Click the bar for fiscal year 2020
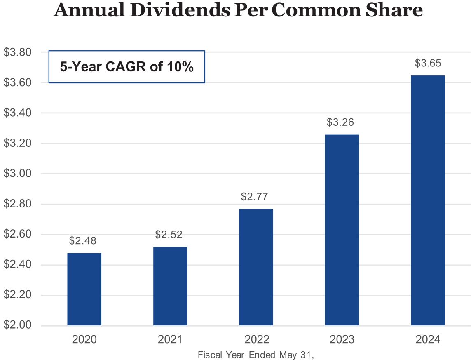pyautogui.click(x=84, y=289)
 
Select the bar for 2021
pyautogui.click(x=170, y=286)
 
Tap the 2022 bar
pyautogui.click(x=256, y=267)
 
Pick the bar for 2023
pyautogui.click(x=342, y=230)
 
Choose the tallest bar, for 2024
pyautogui.click(x=428, y=200)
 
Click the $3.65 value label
pyautogui.click(x=428, y=64)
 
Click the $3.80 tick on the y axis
pyautogui.click(x=18, y=52)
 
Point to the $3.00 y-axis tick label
pyautogui.click(x=18, y=174)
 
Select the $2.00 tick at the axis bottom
pyautogui.click(x=18, y=325)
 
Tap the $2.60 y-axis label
pyautogui.click(x=18, y=234)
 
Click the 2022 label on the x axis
pyautogui.click(x=256, y=340)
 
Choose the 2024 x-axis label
pyautogui.click(x=428, y=340)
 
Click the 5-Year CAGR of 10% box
pyautogui.click(x=127, y=67)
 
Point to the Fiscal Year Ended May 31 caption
pyautogui.click(x=253, y=355)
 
